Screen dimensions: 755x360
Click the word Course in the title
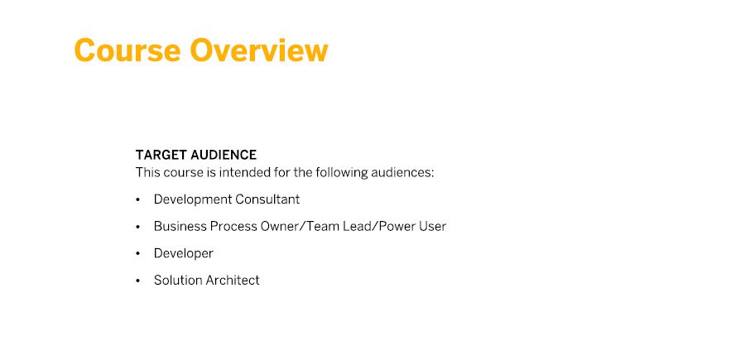pos(127,50)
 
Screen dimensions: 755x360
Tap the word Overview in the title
pos(259,50)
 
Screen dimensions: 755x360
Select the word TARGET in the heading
pos(161,155)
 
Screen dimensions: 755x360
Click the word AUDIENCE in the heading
pos(224,155)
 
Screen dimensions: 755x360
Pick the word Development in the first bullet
pos(192,199)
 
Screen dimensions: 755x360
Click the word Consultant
pos(267,199)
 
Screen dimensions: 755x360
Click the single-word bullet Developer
pos(184,253)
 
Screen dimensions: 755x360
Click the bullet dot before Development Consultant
pos(138,199)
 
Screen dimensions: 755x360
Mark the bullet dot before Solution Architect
pos(138,281)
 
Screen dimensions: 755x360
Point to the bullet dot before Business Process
pos(138,227)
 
